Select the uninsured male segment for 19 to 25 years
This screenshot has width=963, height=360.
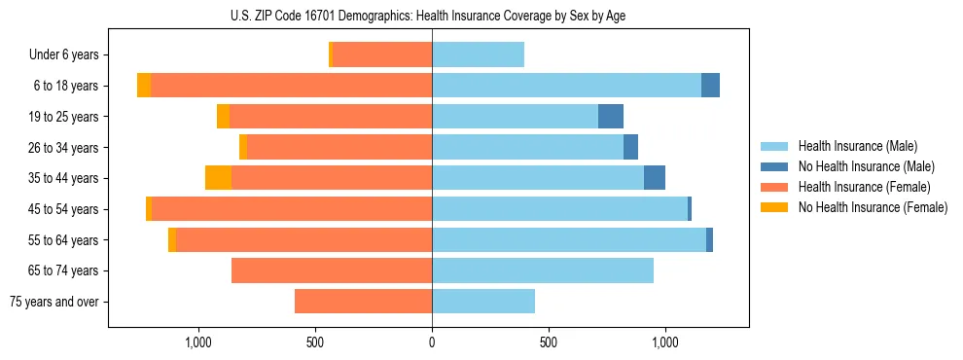610,117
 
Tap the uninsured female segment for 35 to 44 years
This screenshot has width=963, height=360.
218,178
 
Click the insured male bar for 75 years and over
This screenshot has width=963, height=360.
483,302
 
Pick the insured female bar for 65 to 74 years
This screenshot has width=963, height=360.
332,270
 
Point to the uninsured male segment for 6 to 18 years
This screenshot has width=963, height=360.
710,86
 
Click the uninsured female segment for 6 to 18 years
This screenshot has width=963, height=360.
144,86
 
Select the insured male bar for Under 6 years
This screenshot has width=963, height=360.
478,54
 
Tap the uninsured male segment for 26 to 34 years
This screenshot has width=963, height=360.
630,147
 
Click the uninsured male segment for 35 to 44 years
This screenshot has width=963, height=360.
655,178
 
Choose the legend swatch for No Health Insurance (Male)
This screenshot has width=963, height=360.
774,166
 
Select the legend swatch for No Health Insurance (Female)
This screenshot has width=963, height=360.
774,207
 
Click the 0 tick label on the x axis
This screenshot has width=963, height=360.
432,342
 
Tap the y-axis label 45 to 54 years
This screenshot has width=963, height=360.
63,209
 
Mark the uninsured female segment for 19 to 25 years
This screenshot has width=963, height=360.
223,117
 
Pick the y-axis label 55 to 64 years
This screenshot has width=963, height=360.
63,240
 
